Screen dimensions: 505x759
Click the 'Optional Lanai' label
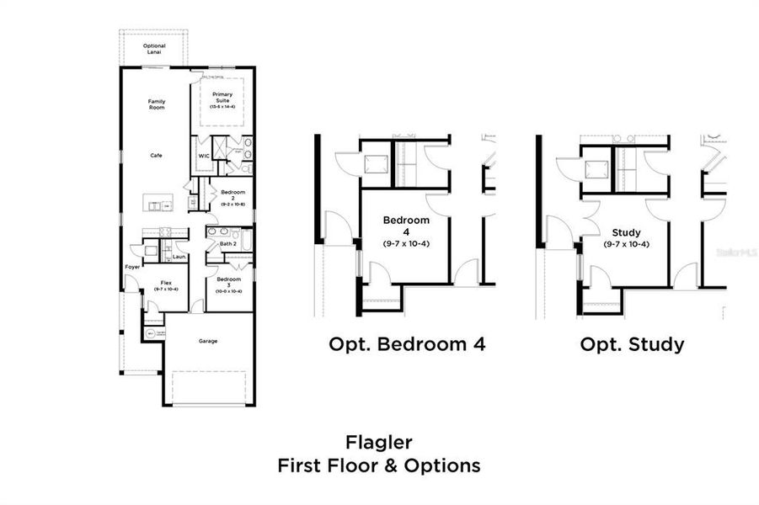coord(154,49)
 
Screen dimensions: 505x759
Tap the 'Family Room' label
coord(157,104)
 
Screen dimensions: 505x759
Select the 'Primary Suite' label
coord(222,98)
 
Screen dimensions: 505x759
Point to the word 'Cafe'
coord(156,155)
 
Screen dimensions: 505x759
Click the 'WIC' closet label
coord(204,156)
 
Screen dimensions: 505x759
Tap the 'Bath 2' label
coord(227,244)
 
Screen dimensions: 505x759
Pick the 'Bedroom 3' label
coord(229,281)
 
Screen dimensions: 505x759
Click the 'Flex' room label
coord(167,283)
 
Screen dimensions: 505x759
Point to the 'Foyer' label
coord(132,267)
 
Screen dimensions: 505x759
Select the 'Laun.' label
coord(179,256)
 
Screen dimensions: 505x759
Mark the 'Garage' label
coord(208,341)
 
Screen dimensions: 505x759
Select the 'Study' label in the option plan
coord(626,232)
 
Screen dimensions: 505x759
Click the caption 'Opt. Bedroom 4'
coord(407,344)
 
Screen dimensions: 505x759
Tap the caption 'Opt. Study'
coord(632,344)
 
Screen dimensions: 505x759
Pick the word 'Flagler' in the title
coord(379,441)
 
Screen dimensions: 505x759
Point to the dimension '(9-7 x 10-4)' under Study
coord(626,244)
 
